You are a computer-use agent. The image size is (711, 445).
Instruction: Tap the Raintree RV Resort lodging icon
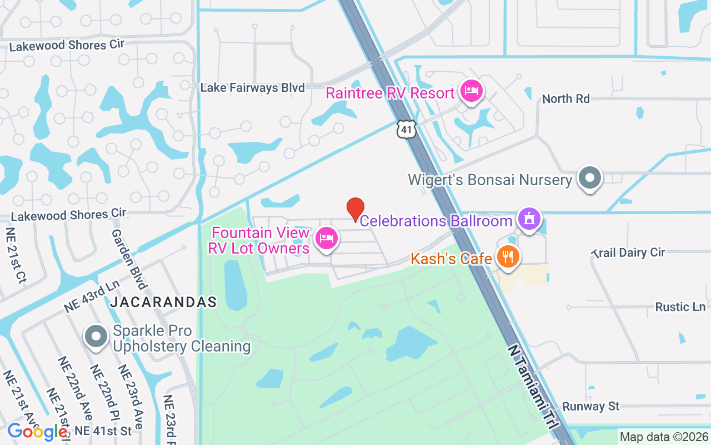tap(472, 92)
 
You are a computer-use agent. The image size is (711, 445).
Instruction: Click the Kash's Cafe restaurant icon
tap(507, 257)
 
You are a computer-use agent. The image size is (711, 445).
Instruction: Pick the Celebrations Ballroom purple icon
tap(529, 219)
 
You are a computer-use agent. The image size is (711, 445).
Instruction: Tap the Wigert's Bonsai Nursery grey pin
tap(590, 178)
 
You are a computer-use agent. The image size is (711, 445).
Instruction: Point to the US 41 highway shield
tap(407, 129)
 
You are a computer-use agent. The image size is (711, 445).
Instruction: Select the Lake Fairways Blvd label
tap(252, 88)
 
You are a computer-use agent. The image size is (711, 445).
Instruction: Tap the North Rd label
tap(565, 98)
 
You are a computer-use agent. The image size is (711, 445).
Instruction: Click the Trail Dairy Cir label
tap(628, 253)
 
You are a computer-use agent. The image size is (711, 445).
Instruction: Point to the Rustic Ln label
tap(680, 307)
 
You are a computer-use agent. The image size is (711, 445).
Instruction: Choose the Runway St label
tap(590, 407)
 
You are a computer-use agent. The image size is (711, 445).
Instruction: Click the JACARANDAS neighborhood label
tap(163, 302)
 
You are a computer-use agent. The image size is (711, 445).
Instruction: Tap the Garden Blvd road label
tap(129, 259)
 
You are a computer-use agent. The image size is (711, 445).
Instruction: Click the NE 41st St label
tap(103, 431)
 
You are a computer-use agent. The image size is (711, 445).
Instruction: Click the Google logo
tap(37, 431)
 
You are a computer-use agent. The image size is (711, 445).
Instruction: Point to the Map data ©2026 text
tap(664, 437)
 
